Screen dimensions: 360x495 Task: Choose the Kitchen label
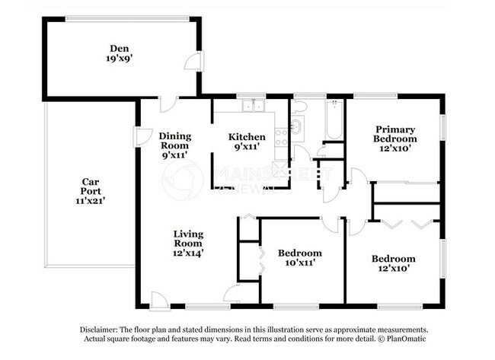[x=247, y=137]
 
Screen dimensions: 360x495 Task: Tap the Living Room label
[x=187, y=238]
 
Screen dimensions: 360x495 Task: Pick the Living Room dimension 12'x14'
[x=187, y=252]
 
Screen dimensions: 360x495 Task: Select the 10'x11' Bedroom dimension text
[x=299, y=263]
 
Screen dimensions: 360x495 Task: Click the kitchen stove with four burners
[x=281, y=137]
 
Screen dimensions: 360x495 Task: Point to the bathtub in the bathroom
[x=334, y=119]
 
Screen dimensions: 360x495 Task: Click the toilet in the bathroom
[x=296, y=126]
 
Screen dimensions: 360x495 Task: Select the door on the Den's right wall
[x=196, y=62]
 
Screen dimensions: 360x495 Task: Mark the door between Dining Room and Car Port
[x=140, y=137]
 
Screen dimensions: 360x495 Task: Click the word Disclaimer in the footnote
[x=101, y=329]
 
